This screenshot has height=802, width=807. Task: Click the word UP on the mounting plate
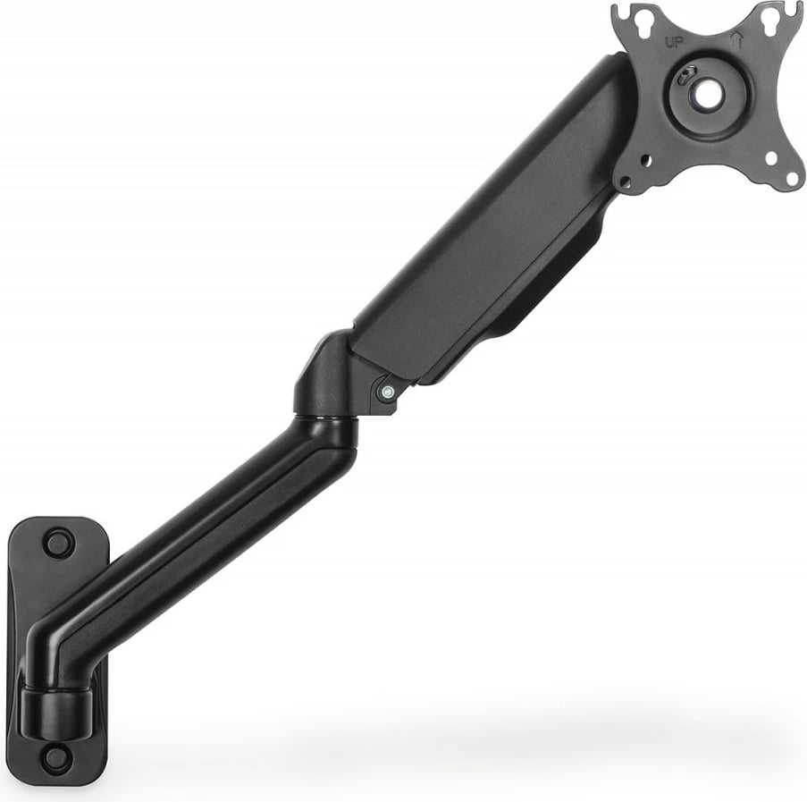click(673, 42)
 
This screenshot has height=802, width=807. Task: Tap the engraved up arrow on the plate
click(736, 39)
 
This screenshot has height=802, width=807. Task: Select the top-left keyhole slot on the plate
click(643, 20)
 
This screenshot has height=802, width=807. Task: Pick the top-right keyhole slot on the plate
click(767, 19)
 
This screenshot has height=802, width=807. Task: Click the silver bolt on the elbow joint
click(386, 393)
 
